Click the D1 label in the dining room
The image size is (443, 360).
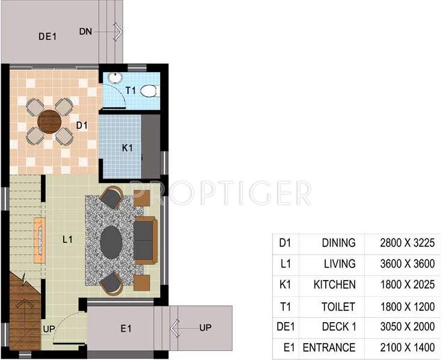82,126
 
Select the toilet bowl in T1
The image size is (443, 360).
148,91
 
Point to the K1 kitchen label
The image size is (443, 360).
127,148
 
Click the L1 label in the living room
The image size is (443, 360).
68,239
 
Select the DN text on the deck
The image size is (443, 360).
85,31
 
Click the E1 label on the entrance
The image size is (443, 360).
126,329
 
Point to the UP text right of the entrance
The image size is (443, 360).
206,328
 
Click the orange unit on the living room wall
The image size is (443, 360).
40,240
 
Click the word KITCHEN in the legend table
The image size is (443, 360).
335,284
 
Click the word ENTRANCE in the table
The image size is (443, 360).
329,348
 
